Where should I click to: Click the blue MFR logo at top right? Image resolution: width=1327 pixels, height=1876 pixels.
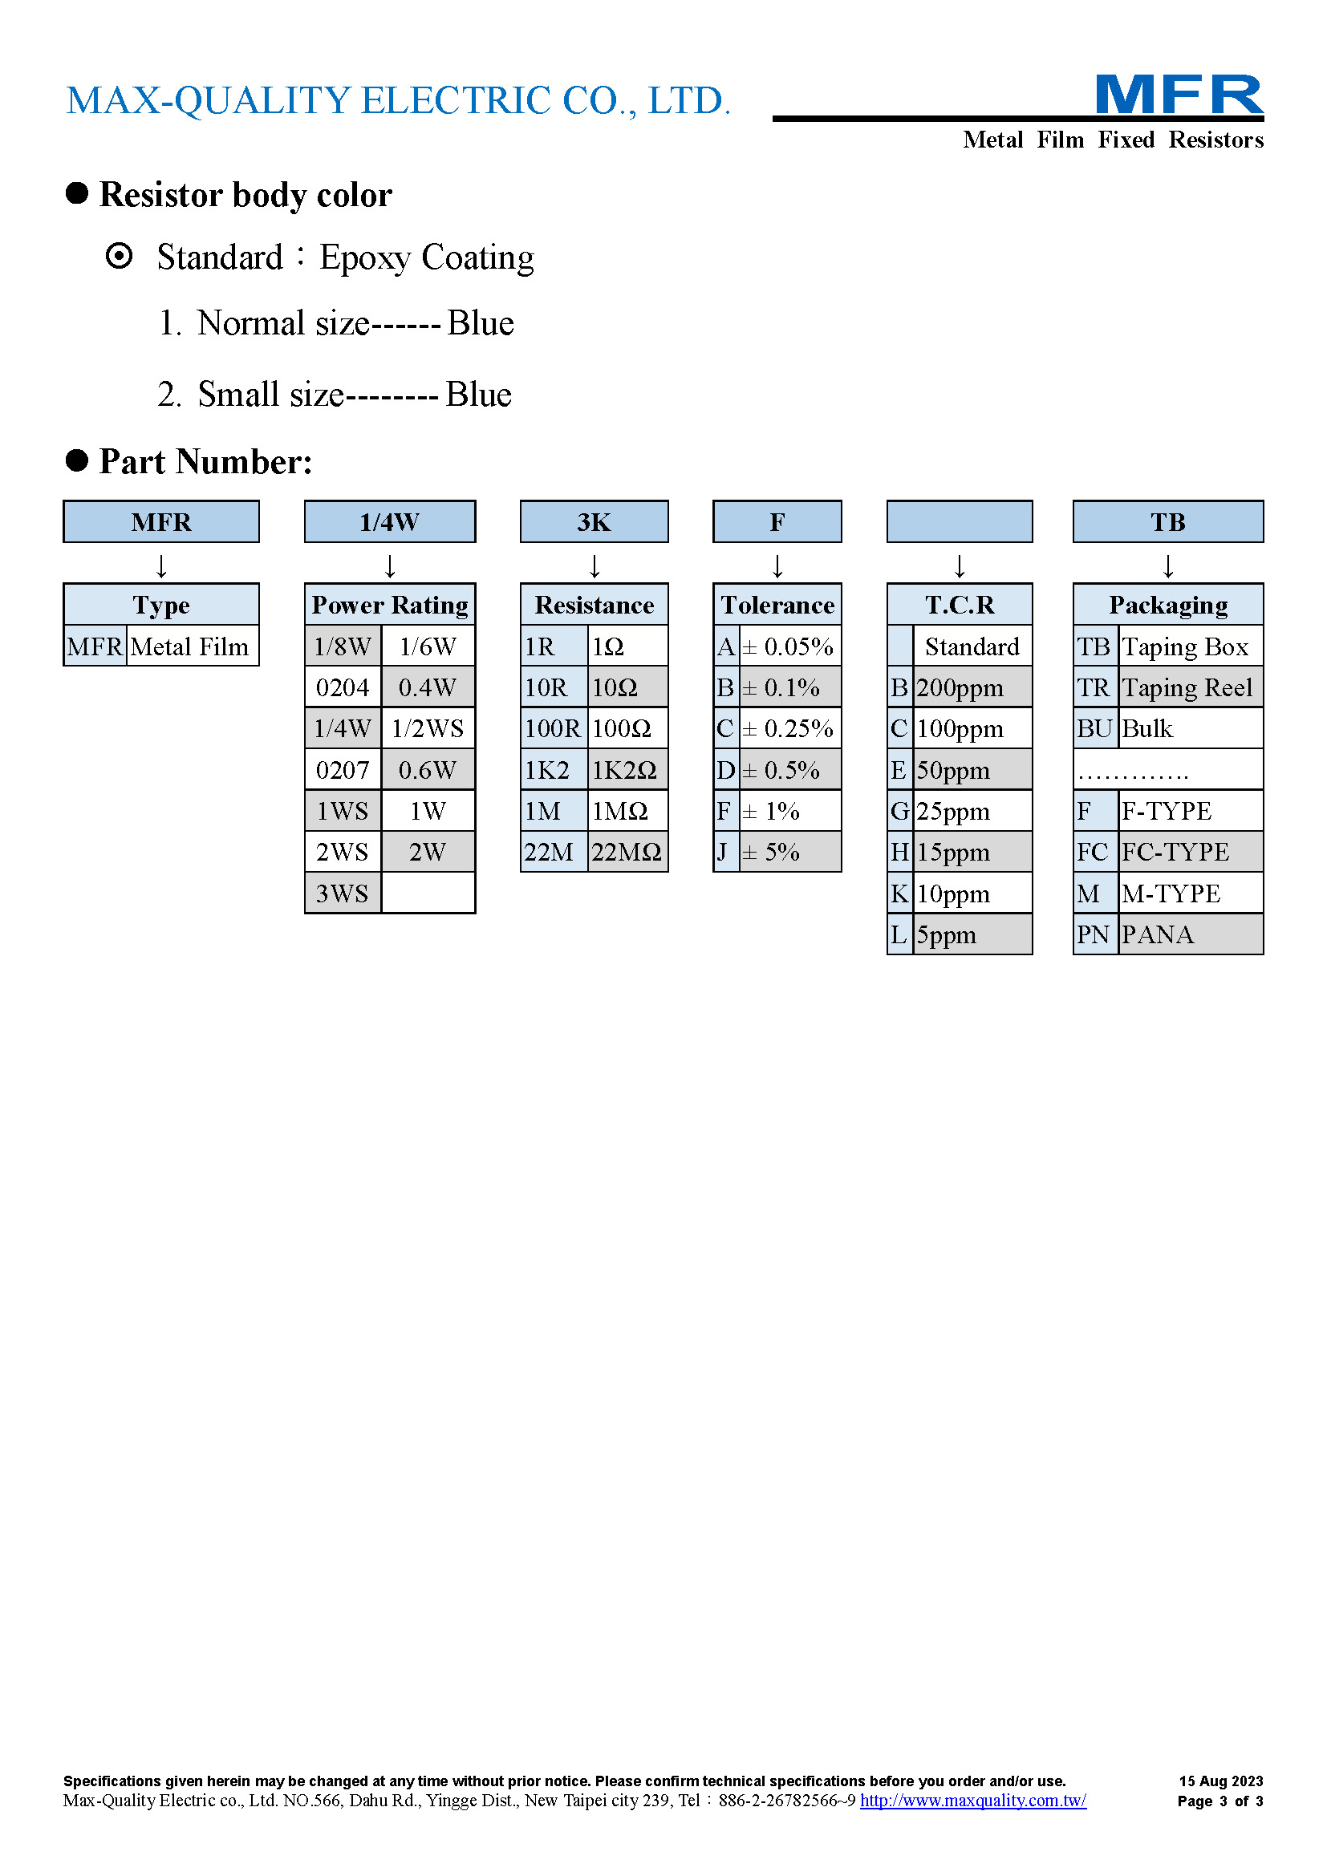pos(1179,95)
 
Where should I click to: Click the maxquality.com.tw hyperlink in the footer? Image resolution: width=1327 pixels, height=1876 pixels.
pos(973,1801)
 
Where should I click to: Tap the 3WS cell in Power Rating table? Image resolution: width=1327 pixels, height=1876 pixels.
pos(343,893)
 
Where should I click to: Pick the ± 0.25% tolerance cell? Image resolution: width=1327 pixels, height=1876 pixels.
pos(790,728)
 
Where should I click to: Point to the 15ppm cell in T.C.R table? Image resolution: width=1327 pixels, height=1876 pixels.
pos(972,853)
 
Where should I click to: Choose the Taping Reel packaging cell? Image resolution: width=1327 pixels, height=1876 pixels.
pos(1191,687)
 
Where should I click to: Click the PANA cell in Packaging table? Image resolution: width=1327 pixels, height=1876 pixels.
pos(1191,934)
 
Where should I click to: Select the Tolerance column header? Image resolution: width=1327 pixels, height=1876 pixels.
pos(777,605)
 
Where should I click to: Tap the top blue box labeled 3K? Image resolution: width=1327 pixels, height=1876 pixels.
pos(594,521)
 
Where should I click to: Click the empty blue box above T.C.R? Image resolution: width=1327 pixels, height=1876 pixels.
pos(960,521)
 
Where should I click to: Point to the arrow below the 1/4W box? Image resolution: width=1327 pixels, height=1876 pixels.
pos(390,565)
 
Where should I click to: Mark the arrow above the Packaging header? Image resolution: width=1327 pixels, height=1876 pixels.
pos(1167,565)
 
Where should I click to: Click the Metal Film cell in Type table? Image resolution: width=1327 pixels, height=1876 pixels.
pos(193,646)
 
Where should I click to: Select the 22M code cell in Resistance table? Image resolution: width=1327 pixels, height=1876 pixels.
pos(554,853)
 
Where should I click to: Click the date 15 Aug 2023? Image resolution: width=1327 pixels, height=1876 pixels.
pos(1221,1781)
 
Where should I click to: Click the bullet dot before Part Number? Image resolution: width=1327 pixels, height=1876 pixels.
pos(77,461)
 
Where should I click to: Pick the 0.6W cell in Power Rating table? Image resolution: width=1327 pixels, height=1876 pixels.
pos(428,770)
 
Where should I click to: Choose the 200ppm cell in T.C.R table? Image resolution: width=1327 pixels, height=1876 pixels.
pos(972,687)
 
